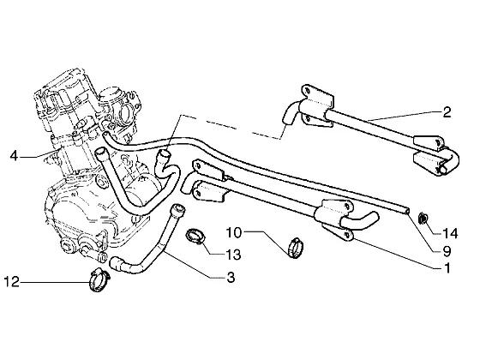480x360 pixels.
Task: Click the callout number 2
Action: click(447, 112)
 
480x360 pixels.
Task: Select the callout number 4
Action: click(14, 156)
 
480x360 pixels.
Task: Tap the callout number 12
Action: click(12, 282)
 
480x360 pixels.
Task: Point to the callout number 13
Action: click(233, 255)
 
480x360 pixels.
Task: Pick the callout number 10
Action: click(234, 232)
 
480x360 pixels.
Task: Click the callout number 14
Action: click(450, 233)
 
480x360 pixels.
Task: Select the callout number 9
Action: click(447, 251)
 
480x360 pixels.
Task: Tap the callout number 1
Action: click(447, 267)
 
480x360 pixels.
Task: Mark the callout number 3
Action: click(231, 277)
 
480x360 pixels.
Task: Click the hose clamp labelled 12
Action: click(99, 279)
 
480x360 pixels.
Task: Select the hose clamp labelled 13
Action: click(195, 236)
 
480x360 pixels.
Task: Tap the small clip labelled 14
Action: click(423, 219)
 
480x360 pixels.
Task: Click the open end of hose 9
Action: click(407, 211)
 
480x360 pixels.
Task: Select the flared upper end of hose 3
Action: click(178, 210)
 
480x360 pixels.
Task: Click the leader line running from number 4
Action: click(39, 154)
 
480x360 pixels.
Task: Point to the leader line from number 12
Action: click(55, 282)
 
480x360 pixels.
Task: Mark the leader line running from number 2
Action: click(404, 116)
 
